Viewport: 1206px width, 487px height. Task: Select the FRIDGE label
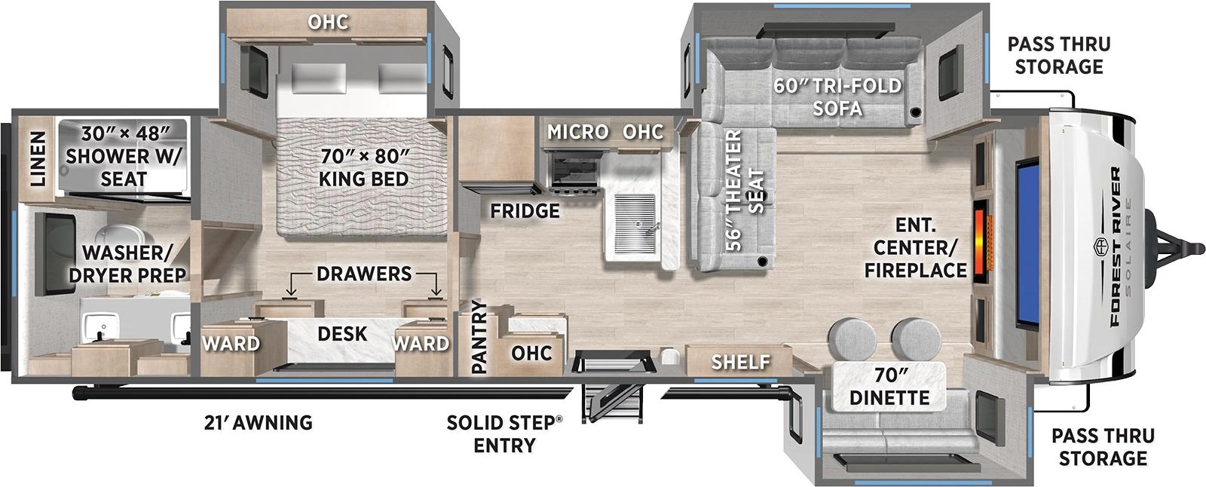click(x=525, y=211)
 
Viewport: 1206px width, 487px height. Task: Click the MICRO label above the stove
click(x=577, y=132)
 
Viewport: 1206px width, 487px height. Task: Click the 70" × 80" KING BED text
click(x=364, y=167)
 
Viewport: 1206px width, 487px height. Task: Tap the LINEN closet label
click(x=37, y=159)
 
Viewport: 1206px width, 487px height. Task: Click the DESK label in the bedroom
click(x=342, y=333)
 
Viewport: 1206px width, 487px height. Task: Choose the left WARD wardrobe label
click(x=231, y=344)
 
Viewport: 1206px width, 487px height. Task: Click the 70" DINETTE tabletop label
click(x=889, y=385)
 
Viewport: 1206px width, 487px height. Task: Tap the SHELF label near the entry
click(x=740, y=362)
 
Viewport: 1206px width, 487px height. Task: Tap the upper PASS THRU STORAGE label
click(x=1058, y=55)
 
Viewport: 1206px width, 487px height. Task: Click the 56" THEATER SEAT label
click(x=744, y=190)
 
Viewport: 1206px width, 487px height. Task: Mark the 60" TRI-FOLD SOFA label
click(x=837, y=96)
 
